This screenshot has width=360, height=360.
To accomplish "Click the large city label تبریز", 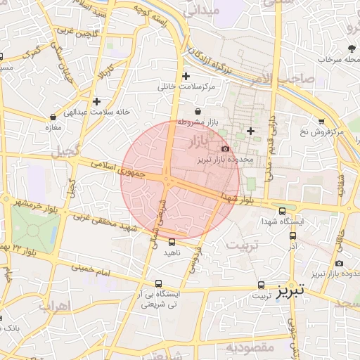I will tap(290, 290).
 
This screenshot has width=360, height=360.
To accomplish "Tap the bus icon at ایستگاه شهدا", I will tap(283, 210).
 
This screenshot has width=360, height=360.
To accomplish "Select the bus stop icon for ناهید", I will tap(172, 242).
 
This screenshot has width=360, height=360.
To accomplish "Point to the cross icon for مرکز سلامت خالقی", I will tap(186, 76).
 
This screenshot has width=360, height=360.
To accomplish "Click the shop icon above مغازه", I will tap(53, 117).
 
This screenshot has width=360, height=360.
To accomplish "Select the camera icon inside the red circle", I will tap(225, 148).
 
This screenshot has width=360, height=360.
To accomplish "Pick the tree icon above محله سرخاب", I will tap(351, 49).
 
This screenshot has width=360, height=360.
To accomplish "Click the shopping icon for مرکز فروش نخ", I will tap(321, 121).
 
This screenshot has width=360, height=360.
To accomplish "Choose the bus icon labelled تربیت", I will tap(262, 285).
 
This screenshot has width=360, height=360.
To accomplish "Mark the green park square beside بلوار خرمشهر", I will tap(34, 228).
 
